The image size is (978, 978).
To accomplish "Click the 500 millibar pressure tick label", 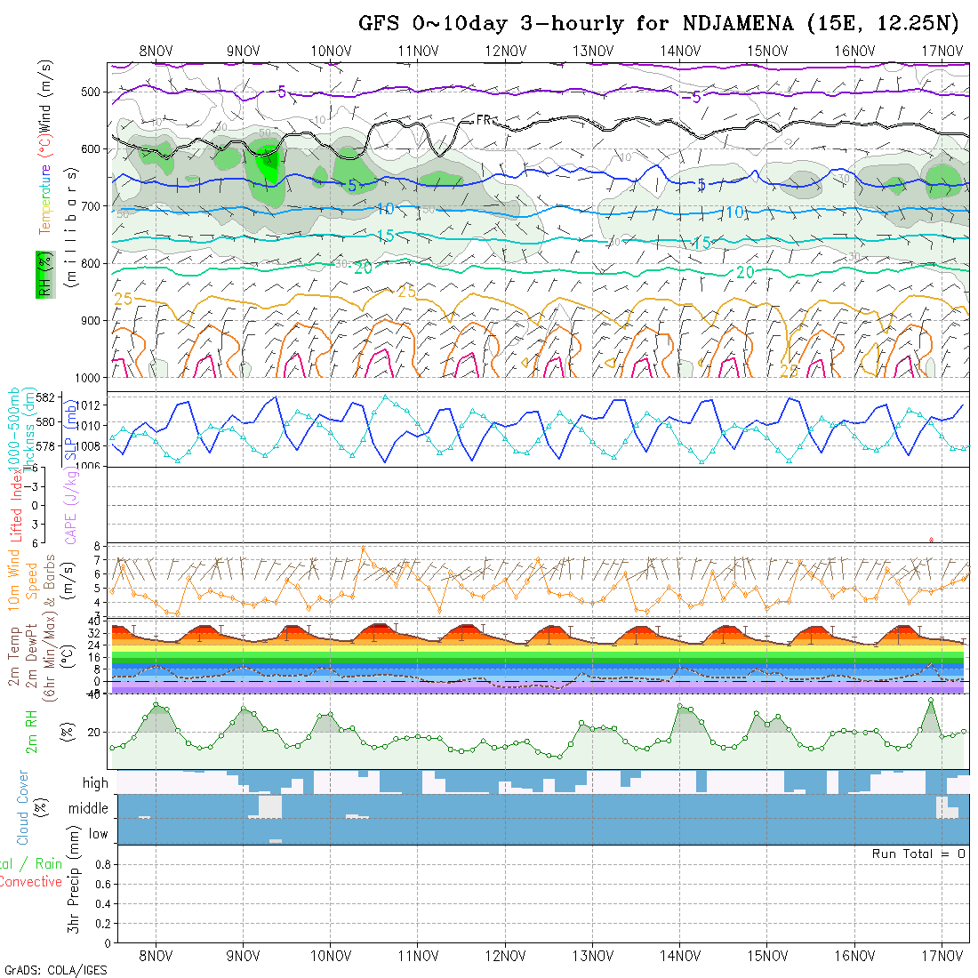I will pyautogui.click(x=91, y=92).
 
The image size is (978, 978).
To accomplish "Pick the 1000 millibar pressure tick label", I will pyautogui.click(x=87, y=377).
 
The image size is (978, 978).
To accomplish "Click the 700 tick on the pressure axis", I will pyautogui.click(x=91, y=206).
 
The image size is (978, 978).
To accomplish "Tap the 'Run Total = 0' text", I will pyautogui.click(x=918, y=854).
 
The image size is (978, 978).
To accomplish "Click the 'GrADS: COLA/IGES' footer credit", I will pyautogui.click(x=55, y=970).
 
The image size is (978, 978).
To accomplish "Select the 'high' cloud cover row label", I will pyautogui.click(x=95, y=783).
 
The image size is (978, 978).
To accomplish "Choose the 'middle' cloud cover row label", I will pyautogui.click(x=88, y=809).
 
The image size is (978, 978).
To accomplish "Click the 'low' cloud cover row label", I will pyautogui.click(x=98, y=834).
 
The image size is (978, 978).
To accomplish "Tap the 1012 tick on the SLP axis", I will pyautogui.click(x=92, y=405).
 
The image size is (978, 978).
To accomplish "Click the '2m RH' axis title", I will pyautogui.click(x=31, y=732).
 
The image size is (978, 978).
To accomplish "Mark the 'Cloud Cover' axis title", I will pyautogui.click(x=23, y=807).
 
